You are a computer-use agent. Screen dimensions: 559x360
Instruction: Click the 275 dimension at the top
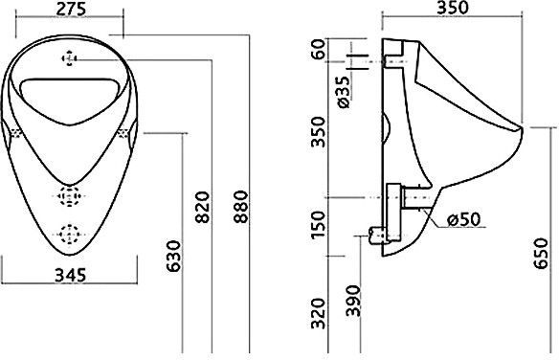[71, 9]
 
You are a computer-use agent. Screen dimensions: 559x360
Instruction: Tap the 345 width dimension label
[71, 275]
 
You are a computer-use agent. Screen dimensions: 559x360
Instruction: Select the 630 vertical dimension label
[174, 256]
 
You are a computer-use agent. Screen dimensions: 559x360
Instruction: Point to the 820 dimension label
[203, 208]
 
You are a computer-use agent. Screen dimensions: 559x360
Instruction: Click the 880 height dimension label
[241, 207]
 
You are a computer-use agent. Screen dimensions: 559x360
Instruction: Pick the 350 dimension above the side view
[452, 8]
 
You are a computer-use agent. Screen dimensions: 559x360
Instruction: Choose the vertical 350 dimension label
[319, 132]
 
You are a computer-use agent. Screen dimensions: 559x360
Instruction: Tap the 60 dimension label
[318, 49]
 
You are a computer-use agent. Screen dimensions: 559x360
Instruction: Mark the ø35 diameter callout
[345, 92]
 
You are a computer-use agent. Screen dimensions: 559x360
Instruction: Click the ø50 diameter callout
[464, 219]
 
